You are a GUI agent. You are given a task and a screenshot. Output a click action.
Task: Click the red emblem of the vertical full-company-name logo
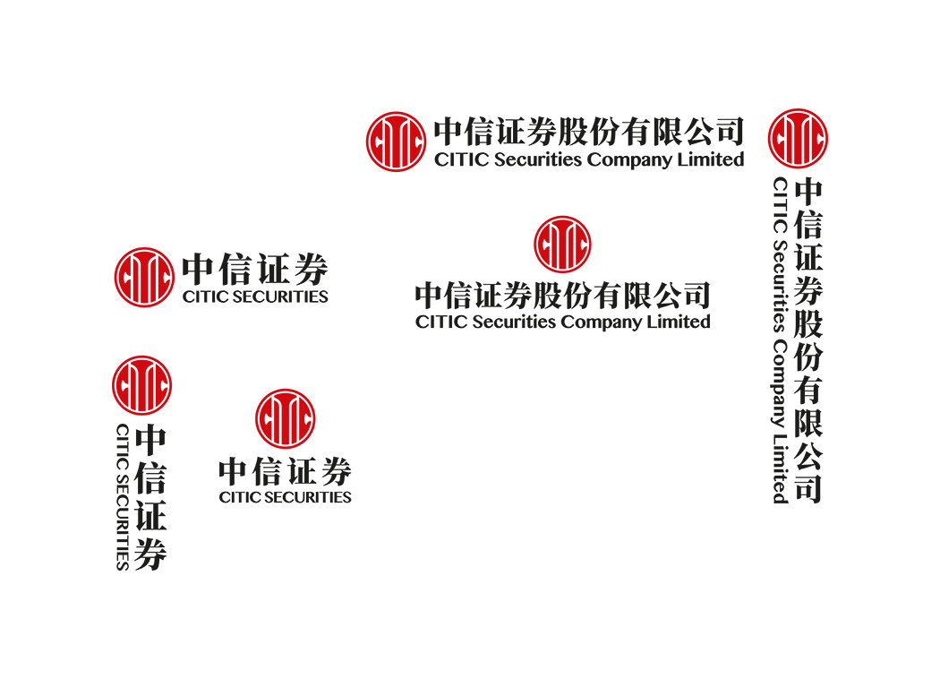(798, 139)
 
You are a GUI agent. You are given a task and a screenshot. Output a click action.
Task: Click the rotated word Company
(780, 383)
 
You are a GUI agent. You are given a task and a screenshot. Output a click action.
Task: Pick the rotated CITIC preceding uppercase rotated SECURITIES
(123, 447)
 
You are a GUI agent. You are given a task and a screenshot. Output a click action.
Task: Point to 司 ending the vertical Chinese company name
(808, 487)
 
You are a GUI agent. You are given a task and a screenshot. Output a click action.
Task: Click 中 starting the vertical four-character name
(150, 440)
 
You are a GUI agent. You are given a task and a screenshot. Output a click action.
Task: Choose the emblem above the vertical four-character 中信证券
(142, 385)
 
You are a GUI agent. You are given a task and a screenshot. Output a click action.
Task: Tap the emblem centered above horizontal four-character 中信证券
(286, 418)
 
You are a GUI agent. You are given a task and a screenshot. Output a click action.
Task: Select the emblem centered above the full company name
(562, 245)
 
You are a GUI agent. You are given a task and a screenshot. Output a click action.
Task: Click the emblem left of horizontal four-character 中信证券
(144, 277)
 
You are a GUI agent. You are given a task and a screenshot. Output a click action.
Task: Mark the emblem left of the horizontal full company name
(397, 142)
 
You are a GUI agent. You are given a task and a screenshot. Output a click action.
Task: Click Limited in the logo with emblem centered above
(679, 322)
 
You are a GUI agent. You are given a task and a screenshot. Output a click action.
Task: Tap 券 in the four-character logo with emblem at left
(312, 270)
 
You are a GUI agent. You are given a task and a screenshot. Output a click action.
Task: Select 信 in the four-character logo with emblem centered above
(269, 471)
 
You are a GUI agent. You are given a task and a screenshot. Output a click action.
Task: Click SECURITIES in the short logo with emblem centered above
(308, 497)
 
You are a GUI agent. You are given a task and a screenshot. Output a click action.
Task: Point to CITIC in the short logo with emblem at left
(205, 297)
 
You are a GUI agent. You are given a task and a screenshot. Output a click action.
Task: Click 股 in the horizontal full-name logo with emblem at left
(573, 132)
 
